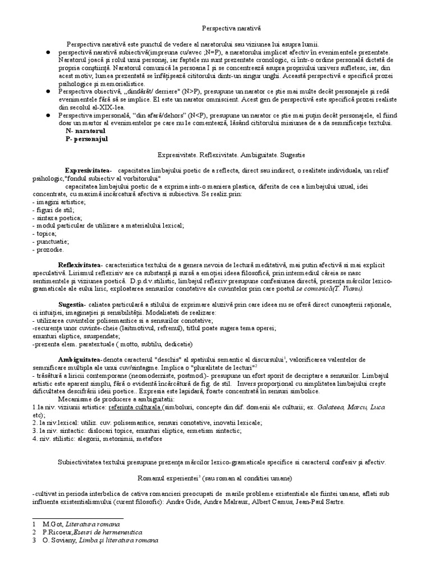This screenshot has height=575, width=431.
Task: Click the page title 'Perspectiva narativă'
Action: pos(232,27)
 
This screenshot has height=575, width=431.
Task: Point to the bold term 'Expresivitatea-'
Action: pos(88,170)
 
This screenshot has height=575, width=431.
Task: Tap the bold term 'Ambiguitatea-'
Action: pos(79,358)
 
